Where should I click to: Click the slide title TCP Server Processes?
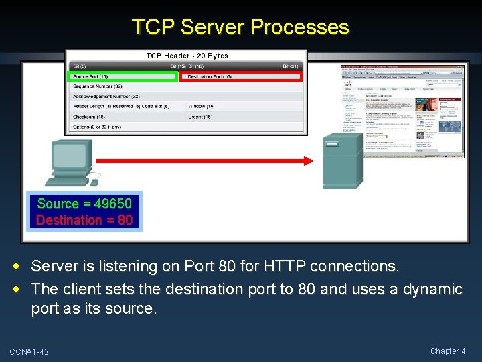tap(240, 27)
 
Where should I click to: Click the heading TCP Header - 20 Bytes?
tap(187, 56)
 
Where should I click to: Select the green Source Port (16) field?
tap(124, 77)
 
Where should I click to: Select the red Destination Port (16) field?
tap(242, 77)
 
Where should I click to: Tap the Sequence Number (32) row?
tap(98, 86)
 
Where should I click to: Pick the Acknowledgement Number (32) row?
tap(106, 97)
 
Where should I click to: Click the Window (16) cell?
tap(202, 106)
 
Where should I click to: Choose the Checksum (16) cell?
tap(90, 117)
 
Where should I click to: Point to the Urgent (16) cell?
tap(200, 117)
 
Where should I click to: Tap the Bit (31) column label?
tap(290, 66)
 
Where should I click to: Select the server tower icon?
tap(342, 162)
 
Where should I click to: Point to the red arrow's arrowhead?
tap(307, 160)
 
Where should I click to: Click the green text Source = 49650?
tap(84, 204)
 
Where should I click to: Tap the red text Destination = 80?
tap(84, 220)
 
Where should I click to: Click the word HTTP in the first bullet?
tap(283, 266)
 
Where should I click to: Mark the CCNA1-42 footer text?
tap(29, 352)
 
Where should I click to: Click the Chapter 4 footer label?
tap(449, 351)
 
